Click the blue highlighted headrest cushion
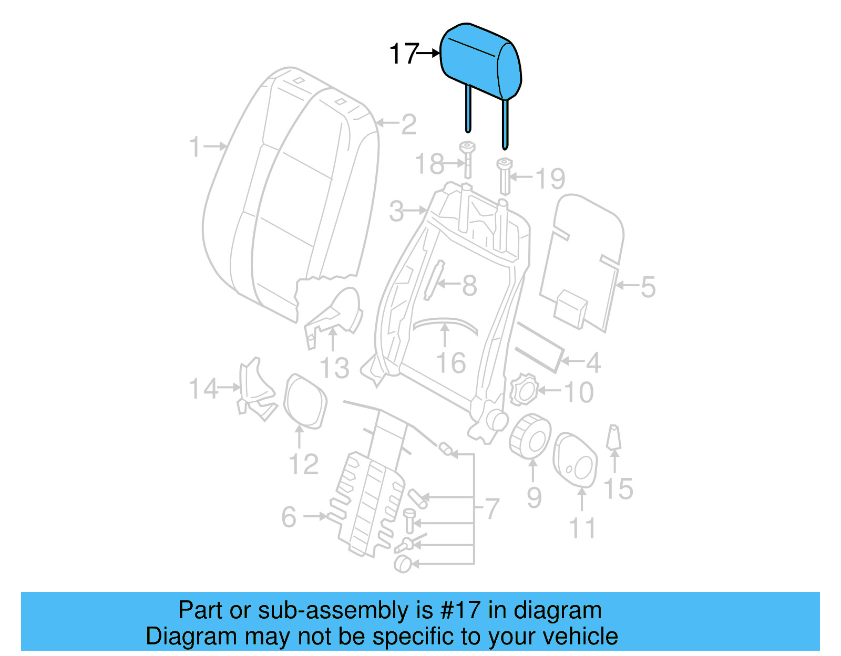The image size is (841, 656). pyautogui.click(x=478, y=60)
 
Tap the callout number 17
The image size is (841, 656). pyautogui.click(x=404, y=54)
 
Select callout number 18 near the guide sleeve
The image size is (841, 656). pyautogui.click(x=429, y=164)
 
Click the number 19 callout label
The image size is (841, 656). pyautogui.click(x=550, y=179)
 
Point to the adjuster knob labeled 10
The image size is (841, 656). pyautogui.click(x=524, y=390)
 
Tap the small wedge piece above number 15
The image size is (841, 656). pyautogui.click(x=613, y=438)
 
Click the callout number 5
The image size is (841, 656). pyautogui.click(x=648, y=287)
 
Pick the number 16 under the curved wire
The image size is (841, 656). pyautogui.click(x=451, y=363)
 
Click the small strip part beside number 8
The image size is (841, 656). pyautogui.click(x=434, y=280)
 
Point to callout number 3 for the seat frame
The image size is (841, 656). pyautogui.click(x=396, y=211)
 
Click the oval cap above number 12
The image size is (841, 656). pyautogui.click(x=304, y=401)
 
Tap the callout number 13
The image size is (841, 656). pyautogui.click(x=334, y=368)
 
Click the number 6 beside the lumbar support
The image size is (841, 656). pyautogui.click(x=289, y=517)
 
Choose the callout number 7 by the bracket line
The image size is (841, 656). pyautogui.click(x=491, y=508)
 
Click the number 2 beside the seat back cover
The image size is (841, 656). pyautogui.click(x=408, y=124)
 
